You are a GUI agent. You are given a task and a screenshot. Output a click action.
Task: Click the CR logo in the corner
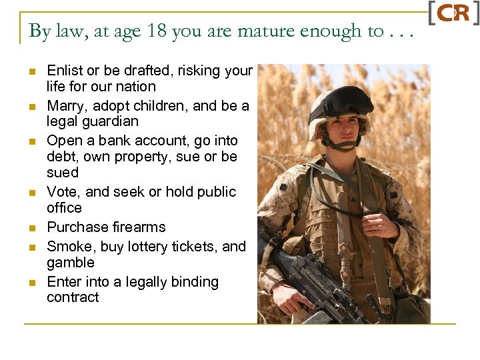[453, 14]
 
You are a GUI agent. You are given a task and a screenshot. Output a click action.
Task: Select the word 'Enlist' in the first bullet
[64, 71]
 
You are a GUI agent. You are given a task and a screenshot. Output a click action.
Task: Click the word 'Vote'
[62, 192]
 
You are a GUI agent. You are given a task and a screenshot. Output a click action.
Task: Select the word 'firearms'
[136, 227]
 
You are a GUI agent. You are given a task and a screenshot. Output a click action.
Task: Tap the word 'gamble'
[70, 263]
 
